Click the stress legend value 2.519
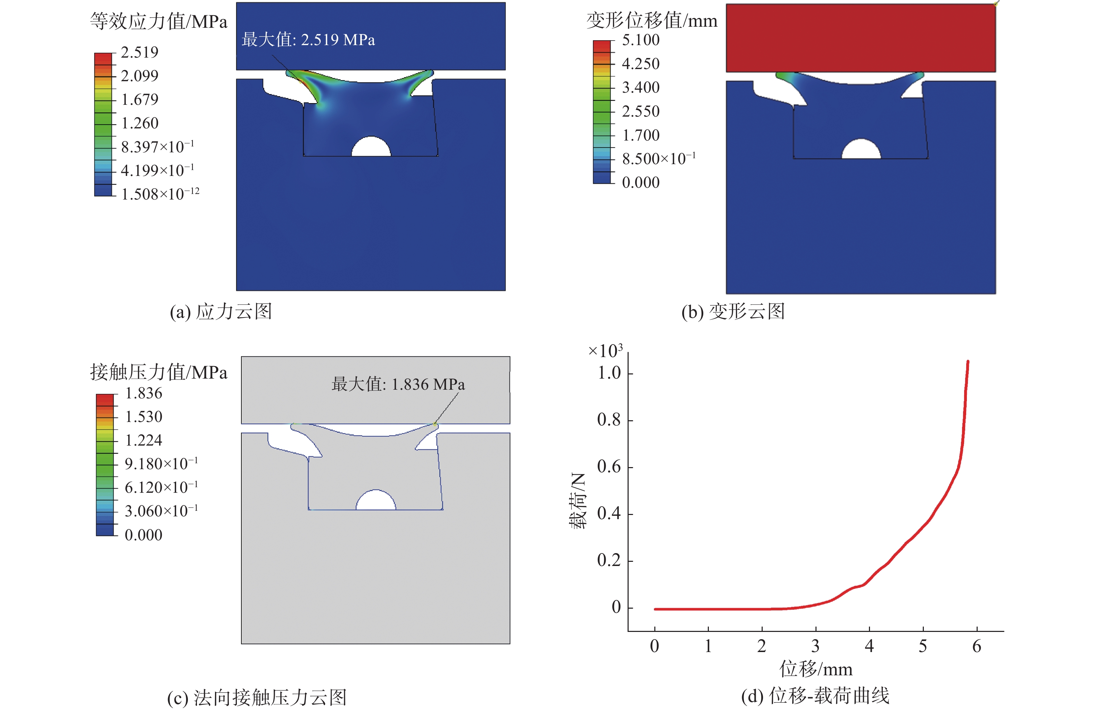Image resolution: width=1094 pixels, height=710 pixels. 139,52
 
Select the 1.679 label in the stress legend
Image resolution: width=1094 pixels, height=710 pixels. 139,100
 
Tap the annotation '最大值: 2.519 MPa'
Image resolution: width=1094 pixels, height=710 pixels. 308,40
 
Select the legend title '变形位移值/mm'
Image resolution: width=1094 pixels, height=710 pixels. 651,21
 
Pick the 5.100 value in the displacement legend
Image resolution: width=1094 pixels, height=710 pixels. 640,40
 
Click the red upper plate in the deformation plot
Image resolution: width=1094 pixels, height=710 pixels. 861,38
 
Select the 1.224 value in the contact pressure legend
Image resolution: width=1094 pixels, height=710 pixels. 143,440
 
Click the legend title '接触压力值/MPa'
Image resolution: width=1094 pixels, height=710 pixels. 159,372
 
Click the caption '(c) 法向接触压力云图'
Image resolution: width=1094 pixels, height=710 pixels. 257,698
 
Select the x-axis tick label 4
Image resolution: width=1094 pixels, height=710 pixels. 869,646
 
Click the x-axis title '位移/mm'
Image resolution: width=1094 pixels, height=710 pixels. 816,669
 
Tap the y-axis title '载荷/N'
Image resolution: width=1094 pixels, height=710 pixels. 578,501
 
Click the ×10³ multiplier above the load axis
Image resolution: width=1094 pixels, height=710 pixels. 605,351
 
